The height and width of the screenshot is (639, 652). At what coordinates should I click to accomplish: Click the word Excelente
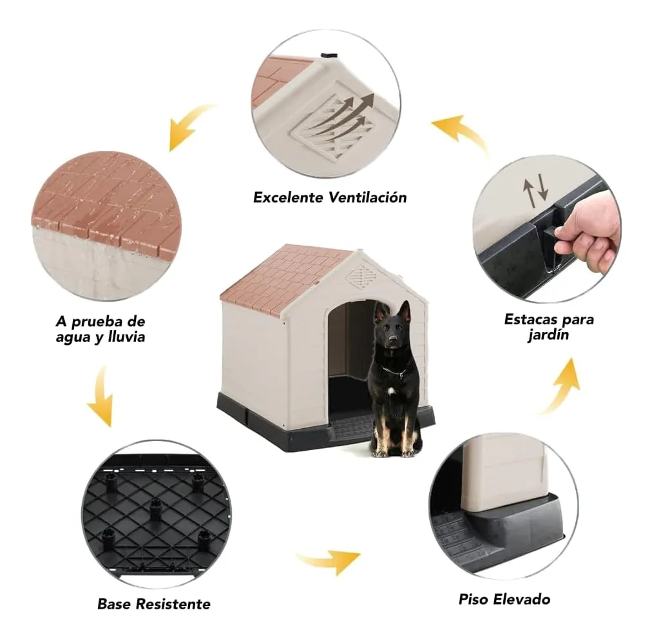point(289,197)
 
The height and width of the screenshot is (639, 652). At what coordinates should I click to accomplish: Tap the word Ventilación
point(368,197)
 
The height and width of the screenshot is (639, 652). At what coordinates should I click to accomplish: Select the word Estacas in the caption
point(530,319)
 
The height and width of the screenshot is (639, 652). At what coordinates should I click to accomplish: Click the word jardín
point(548,335)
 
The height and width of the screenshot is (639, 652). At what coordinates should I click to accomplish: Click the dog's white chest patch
point(392,391)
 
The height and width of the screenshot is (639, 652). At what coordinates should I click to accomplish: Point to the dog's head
point(390,325)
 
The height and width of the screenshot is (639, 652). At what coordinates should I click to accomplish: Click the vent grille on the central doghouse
point(360,275)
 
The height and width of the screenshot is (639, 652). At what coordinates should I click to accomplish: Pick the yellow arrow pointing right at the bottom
point(328,562)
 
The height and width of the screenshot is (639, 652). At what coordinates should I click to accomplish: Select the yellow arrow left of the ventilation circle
point(189,126)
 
